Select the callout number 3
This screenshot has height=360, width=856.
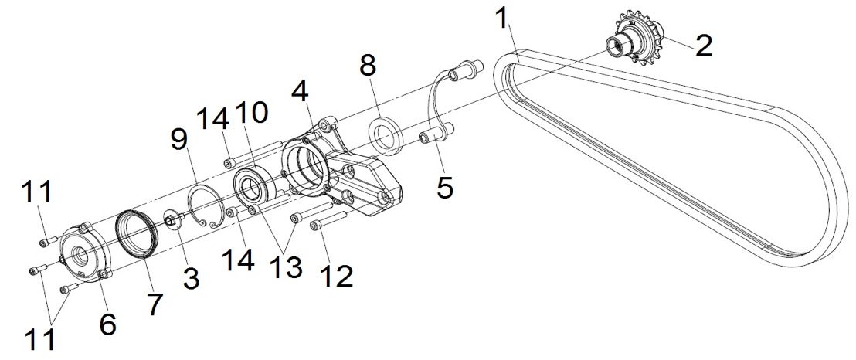coord(191,279)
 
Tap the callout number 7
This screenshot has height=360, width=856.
coord(154,305)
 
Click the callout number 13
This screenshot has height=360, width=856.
coord(284,266)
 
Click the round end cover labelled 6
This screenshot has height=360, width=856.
coord(85,252)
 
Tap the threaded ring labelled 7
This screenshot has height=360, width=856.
coord(137,233)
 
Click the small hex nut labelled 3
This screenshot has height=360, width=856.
coord(170,221)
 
